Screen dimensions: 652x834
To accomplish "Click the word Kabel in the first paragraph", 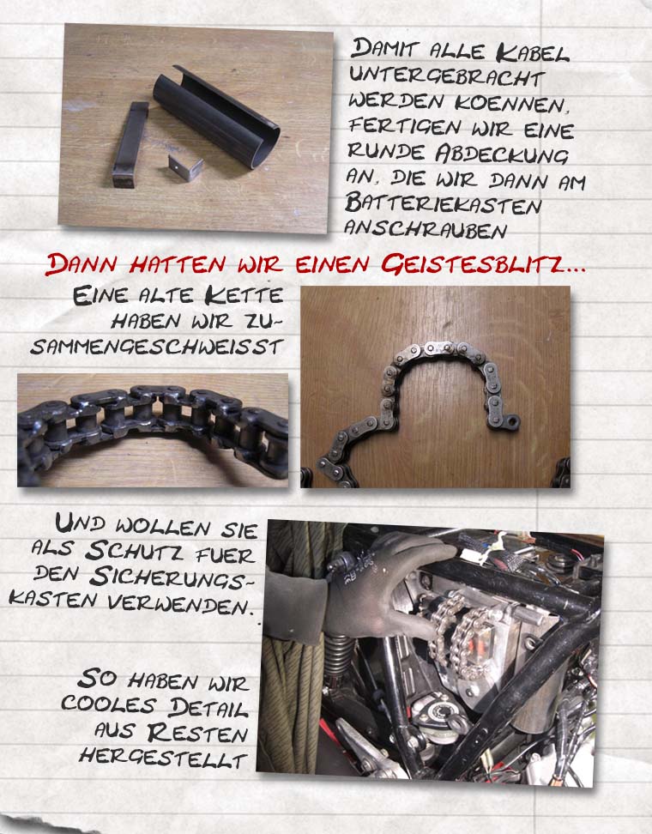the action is [533, 52].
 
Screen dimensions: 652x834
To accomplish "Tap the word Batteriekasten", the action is [443, 205].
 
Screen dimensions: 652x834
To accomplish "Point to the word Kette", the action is [244, 296].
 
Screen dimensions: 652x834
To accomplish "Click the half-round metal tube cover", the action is [217, 117].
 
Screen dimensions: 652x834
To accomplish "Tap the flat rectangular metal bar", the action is [130, 145].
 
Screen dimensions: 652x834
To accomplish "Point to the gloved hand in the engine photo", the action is [383, 585].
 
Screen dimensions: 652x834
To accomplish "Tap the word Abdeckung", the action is [502, 154].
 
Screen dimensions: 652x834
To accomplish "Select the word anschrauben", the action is [425, 229].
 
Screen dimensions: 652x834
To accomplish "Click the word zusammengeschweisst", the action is [157, 334].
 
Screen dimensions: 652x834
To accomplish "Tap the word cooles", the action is [108, 704].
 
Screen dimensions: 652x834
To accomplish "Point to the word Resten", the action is [197, 733].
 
